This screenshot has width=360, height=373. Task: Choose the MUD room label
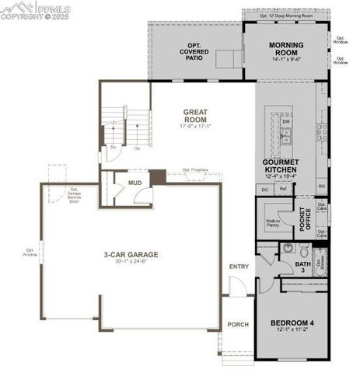coord(135,183)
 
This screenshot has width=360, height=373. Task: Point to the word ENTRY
coord(239,267)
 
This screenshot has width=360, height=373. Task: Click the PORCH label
coord(237,324)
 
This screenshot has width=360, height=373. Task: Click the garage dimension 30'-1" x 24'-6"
coord(131,262)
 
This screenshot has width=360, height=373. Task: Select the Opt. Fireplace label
coord(196,170)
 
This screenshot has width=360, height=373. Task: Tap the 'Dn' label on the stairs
coord(114,147)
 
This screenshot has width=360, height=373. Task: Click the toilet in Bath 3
coord(286,249)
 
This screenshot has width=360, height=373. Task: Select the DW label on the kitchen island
coord(287,122)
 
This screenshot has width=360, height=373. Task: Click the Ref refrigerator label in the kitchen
coord(283,189)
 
